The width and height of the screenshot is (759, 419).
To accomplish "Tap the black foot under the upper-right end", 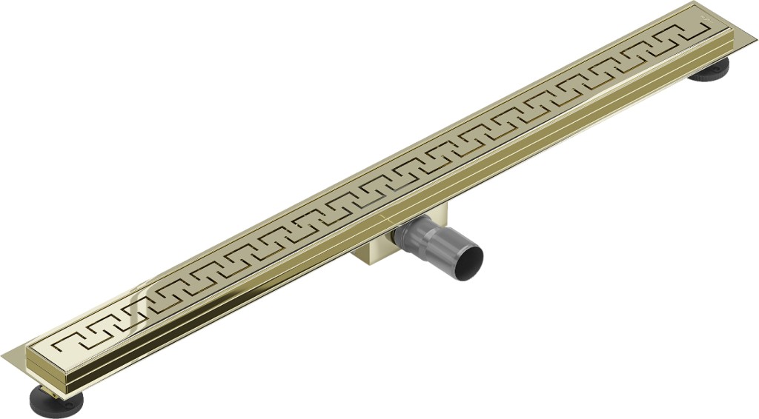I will tap(710, 68).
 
